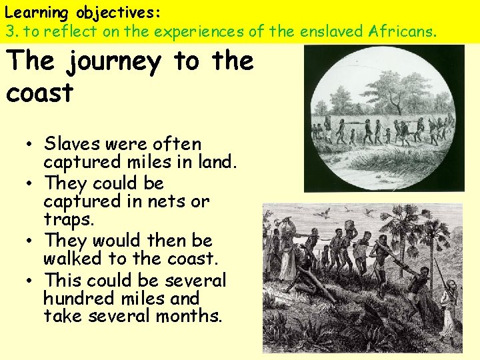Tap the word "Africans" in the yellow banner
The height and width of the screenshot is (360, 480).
coord(401,31)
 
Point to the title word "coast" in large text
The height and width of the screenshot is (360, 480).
coord(39,93)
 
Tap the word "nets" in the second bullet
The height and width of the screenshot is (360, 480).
coord(170,201)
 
